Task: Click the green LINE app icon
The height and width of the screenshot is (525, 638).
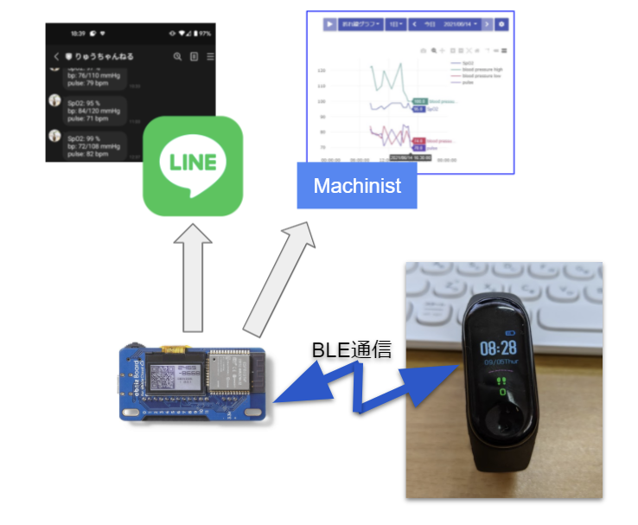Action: coord(193,165)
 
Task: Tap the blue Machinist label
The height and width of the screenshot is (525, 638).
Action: coord(357,185)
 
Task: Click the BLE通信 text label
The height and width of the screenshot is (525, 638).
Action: coord(352,350)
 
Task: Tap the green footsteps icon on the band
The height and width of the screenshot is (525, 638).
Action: coord(499,380)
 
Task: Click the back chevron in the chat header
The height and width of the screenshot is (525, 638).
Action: coord(56,57)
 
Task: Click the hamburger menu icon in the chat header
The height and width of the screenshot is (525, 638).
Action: coord(210,57)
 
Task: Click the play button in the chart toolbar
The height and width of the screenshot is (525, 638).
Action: coord(330,24)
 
